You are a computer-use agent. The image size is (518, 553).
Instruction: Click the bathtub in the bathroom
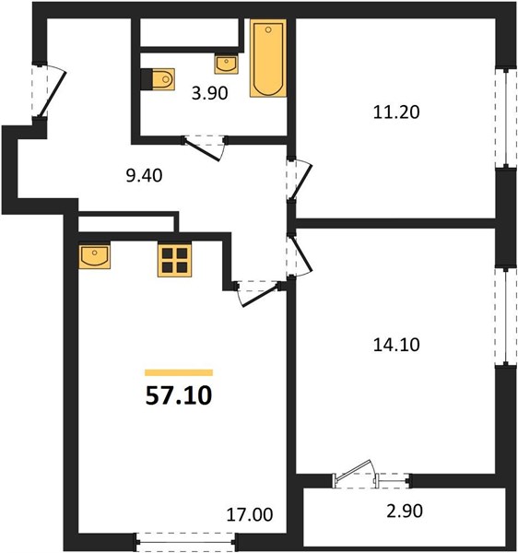[268, 58]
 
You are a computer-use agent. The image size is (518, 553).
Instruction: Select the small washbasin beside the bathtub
[227, 64]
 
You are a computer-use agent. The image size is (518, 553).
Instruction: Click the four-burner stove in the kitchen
[174, 260]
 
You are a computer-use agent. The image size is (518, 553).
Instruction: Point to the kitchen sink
[94, 255]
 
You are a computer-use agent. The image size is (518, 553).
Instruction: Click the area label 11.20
[396, 112]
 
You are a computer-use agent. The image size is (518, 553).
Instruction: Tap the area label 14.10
[396, 345]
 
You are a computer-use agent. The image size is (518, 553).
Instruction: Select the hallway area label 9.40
[144, 176]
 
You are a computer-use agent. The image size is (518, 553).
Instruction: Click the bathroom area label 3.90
[210, 93]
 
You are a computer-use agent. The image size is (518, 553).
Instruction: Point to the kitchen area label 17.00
[249, 514]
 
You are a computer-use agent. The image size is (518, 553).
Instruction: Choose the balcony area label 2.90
[405, 511]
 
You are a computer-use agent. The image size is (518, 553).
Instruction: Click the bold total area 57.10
[179, 395]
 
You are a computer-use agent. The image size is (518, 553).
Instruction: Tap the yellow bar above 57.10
[179, 372]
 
